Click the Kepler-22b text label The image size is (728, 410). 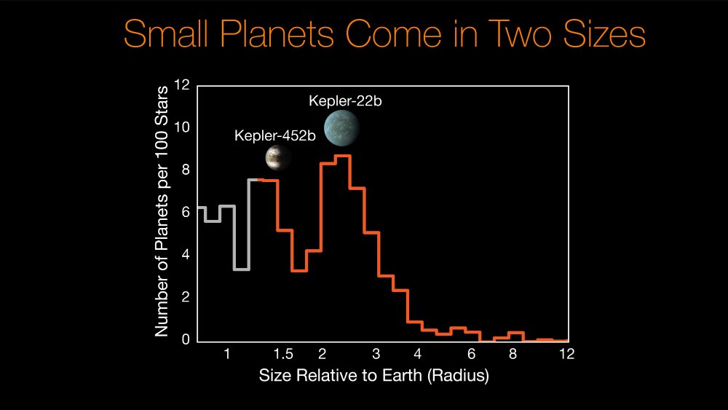pyautogui.click(x=346, y=100)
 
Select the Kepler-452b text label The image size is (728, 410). pyautogui.click(x=274, y=136)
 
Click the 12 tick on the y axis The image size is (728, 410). pyautogui.click(x=182, y=86)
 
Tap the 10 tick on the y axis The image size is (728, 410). pyautogui.click(x=182, y=128)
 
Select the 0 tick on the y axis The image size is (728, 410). pyautogui.click(x=186, y=340)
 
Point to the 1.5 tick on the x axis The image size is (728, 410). pyautogui.click(x=283, y=355)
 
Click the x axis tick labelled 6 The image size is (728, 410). pyautogui.click(x=471, y=355)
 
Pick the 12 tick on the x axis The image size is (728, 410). pyautogui.click(x=567, y=355)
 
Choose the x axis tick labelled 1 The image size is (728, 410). pyautogui.click(x=227, y=355)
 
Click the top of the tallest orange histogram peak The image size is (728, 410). pyautogui.click(x=344, y=156)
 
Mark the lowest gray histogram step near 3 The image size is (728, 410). pyautogui.click(x=242, y=269)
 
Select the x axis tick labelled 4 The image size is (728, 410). pyautogui.click(x=418, y=355)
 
